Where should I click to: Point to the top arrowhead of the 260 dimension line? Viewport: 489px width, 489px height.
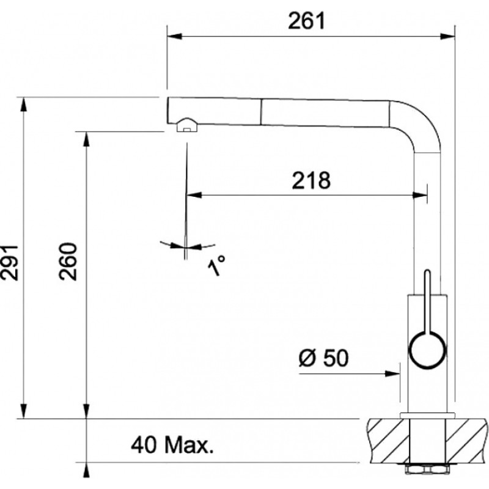[x=86, y=138]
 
